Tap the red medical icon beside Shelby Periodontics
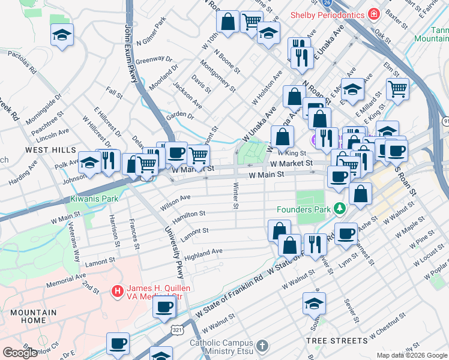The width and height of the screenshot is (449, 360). [x=373, y=13]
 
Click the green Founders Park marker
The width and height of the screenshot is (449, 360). [x=340, y=209]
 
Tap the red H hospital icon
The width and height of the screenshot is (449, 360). [x=118, y=292]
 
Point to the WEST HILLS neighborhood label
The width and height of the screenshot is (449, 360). [x=50, y=149]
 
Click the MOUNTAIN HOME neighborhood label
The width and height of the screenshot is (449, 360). [x=33, y=316]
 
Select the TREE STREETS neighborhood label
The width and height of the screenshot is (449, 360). [x=337, y=341]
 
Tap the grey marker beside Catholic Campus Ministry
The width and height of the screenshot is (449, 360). [x=262, y=346]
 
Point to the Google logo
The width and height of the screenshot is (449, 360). [x=20, y=352]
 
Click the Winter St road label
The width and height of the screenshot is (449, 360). [x=235, y=197]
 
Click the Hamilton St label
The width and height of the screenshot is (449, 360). [x=190, y=213]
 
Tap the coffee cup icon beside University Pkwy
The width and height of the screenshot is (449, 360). [x=164, y=307]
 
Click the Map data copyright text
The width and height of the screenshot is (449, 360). [x=412, y=355]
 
